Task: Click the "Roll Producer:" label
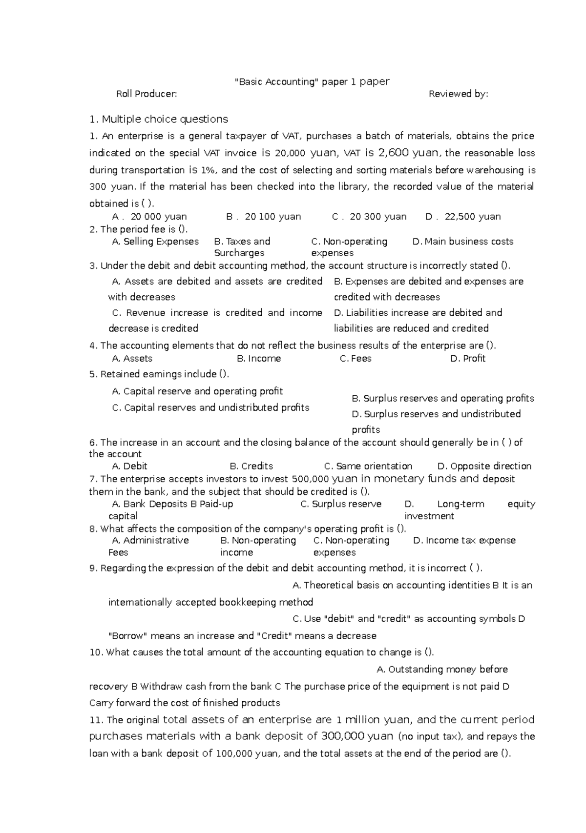[x=146, y=94]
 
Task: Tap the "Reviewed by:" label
[x=458, y=94]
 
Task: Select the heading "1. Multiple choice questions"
[x=159, y=119]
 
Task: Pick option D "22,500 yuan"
[x=463, y=217]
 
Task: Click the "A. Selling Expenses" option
[x=155, y=242]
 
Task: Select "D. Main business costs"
[x=463, y=242]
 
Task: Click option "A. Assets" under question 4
[x=132, y=359]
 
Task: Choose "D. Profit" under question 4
[x=468, y=359]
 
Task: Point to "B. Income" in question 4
[x=259, y=359]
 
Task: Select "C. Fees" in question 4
[x=356, y=359]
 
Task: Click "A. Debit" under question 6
[x=129, y=466]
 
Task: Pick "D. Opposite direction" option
[x=484, y=466]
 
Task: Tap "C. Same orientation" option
[x=368, y=466]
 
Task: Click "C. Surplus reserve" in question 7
[x=341, y=504]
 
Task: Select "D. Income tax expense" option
[x=464, y=540]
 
